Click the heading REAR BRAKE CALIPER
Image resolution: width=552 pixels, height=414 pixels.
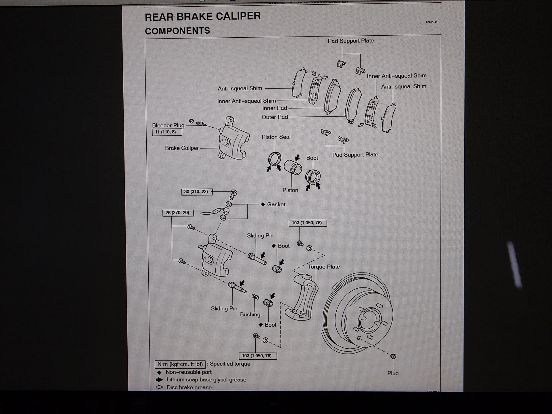[x=203, y=17]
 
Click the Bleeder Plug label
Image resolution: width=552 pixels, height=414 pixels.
[x=168, y=125]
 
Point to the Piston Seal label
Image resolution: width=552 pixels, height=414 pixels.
[x=276, y=137]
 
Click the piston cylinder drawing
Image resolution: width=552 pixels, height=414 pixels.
[x=293, y=167]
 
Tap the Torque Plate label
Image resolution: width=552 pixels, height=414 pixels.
[x=324, y=267]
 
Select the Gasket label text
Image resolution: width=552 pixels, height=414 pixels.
[x=276, y=204]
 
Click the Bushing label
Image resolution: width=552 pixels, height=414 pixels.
[x=250, y=315]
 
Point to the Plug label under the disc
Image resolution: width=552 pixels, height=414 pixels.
[x=393, y=373]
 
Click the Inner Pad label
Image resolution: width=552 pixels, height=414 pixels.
[x=275, y=108]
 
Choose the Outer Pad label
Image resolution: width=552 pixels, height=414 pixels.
[x=275, y=117]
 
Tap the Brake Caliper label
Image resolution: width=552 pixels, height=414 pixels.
[x=182, y=148]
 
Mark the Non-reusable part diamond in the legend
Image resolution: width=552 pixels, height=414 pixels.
[x=159, y=372]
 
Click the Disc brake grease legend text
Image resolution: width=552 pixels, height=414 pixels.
[x=189, y=387]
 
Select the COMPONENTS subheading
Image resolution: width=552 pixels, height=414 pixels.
[x=177, y=31]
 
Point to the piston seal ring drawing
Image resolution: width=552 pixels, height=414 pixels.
[x=275, y=159]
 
